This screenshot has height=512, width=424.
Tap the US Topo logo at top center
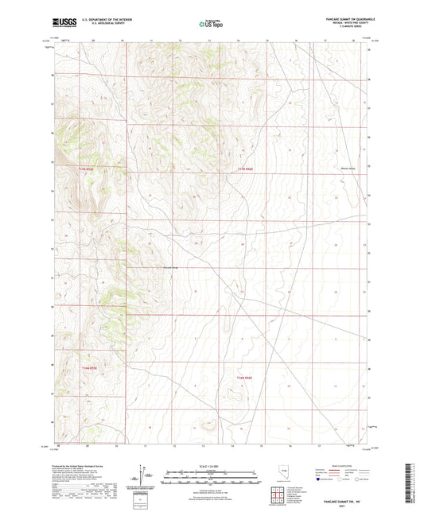tap(212, 24)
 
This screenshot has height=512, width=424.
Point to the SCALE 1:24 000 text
tap(212, 466)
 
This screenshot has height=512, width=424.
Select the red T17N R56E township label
tap(243, 169)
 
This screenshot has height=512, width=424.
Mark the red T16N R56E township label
tap(243, 367)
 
